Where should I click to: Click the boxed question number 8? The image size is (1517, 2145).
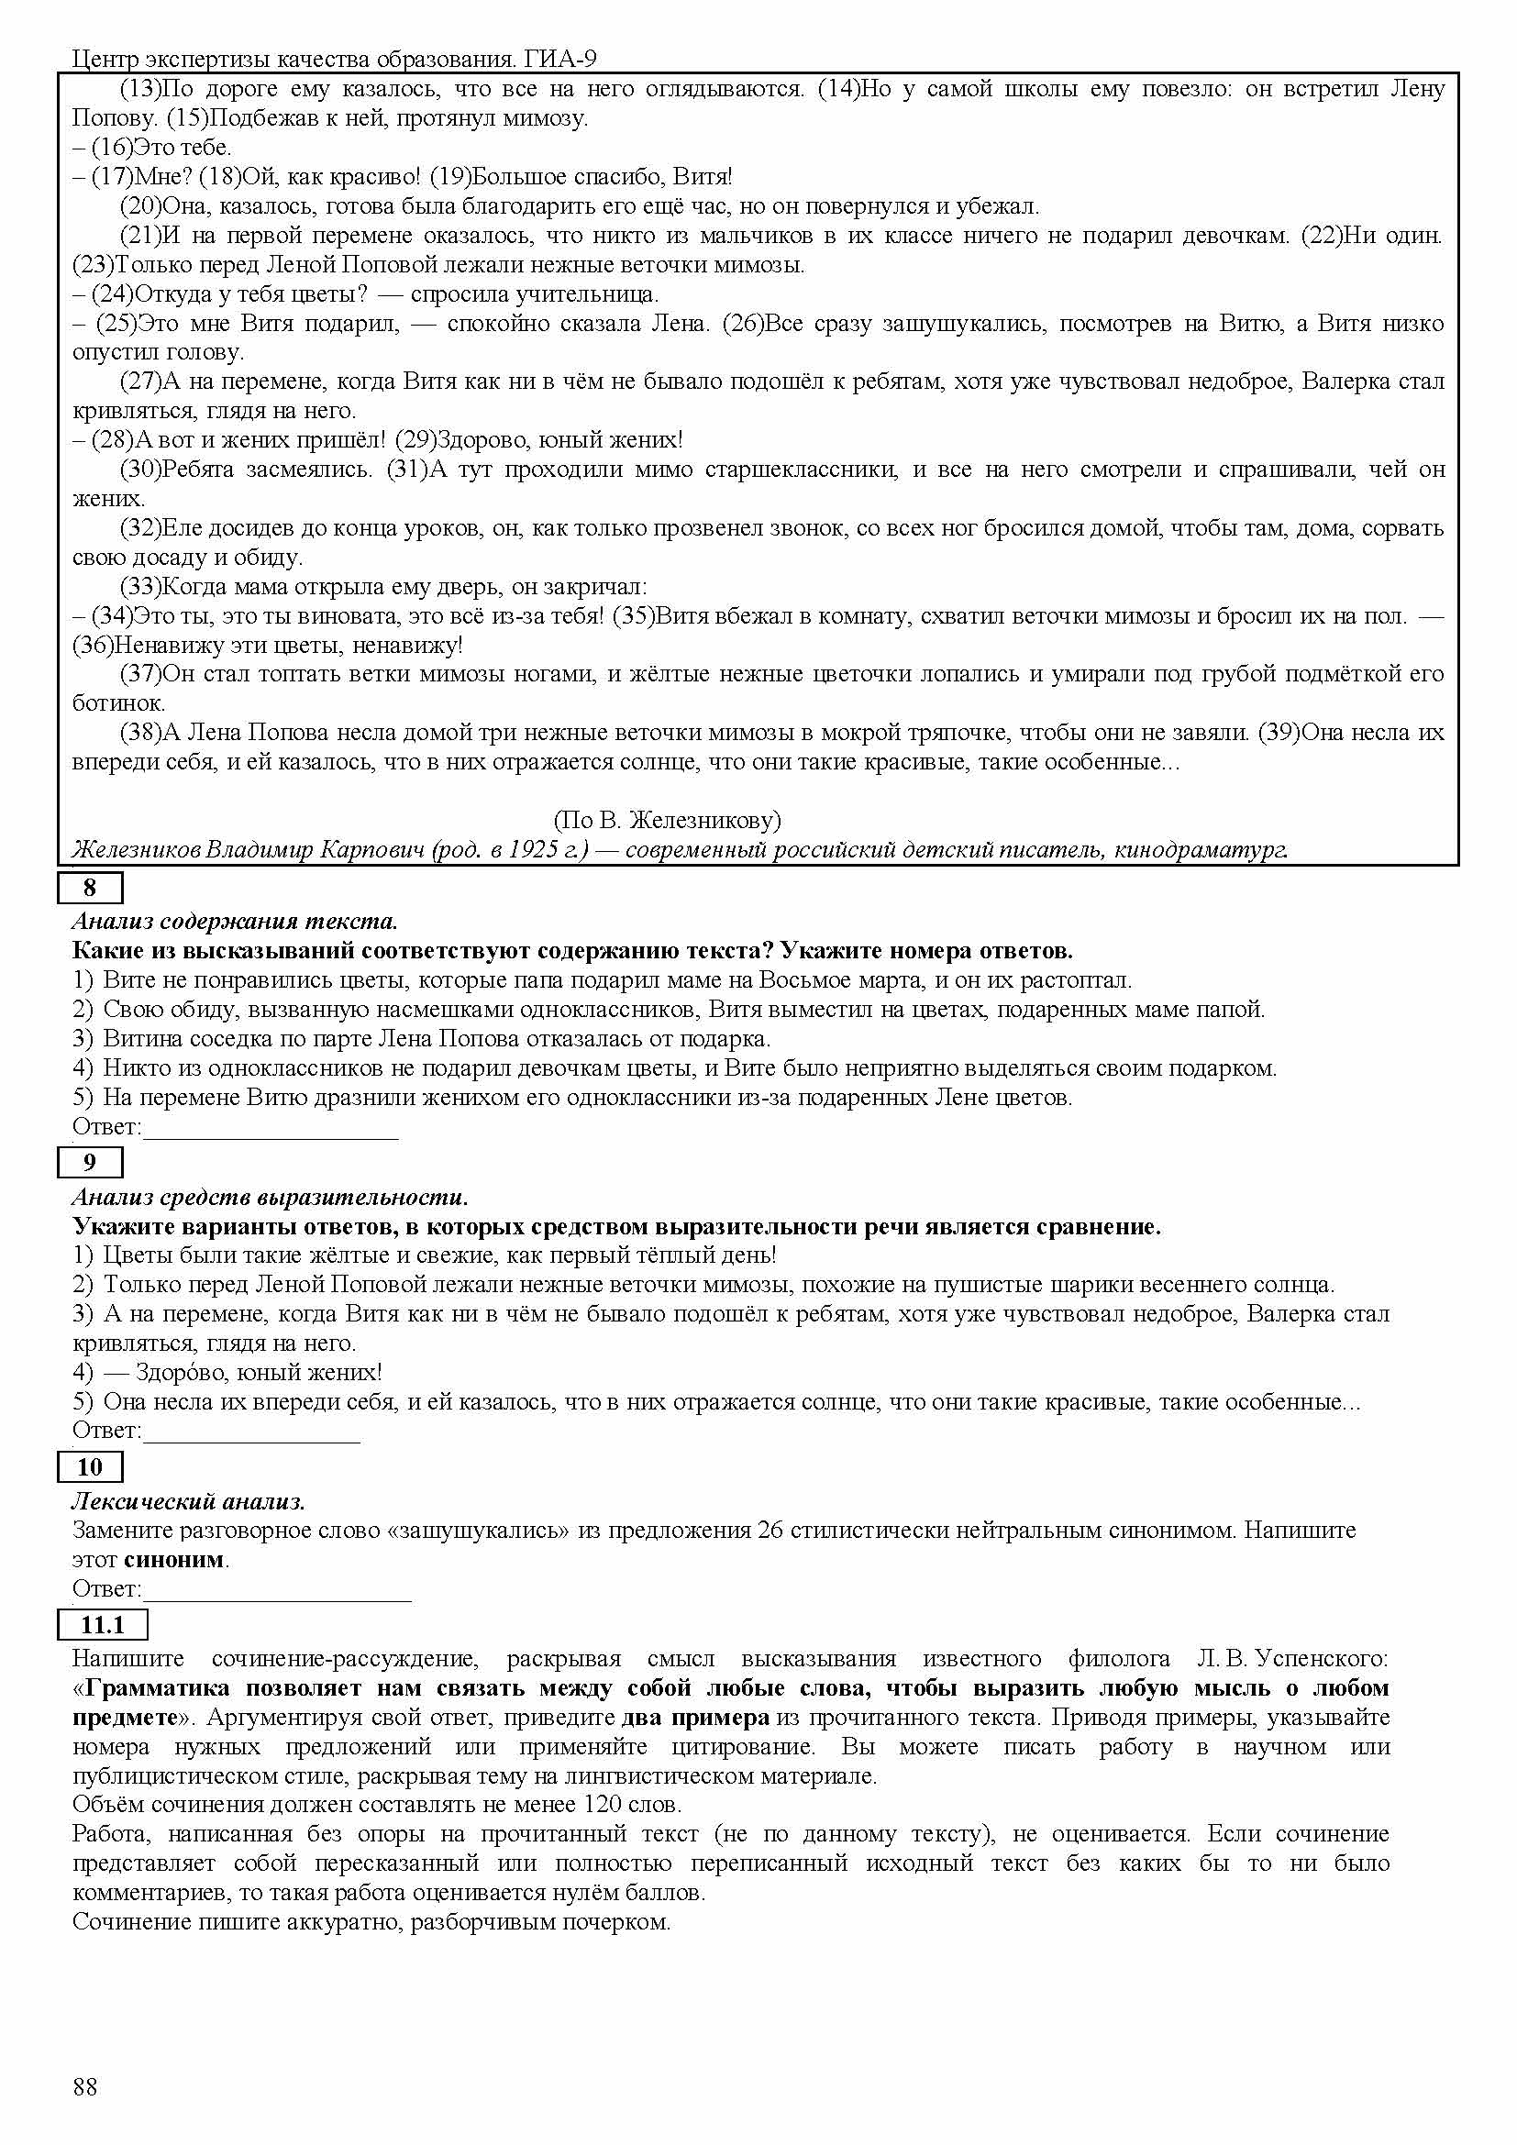90,888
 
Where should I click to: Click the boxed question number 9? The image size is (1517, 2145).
90,1162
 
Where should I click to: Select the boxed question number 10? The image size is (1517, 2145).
90,1466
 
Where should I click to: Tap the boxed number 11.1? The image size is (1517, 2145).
102,1625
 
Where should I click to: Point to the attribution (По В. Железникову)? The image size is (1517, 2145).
667,820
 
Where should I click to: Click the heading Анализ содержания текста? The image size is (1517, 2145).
235,921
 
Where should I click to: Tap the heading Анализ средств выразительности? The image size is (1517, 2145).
270,1197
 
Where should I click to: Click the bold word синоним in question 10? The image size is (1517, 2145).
173,1559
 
